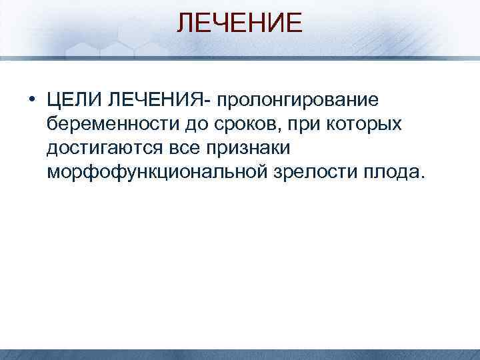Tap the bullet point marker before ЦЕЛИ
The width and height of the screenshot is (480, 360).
point(31,101)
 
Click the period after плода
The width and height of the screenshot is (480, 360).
point(420,178)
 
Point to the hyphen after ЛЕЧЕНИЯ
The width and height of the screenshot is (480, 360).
point(210,102)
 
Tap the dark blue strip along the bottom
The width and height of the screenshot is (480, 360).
point(239,355)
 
